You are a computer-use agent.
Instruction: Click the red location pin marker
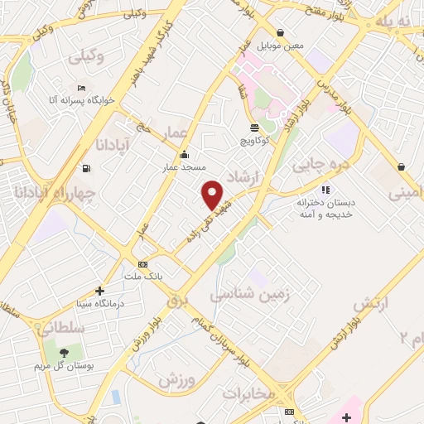click(x=214, y=195)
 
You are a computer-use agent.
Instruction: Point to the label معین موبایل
click(x=279, y=46)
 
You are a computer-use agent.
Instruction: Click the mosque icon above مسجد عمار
click(x=184, y=155)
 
